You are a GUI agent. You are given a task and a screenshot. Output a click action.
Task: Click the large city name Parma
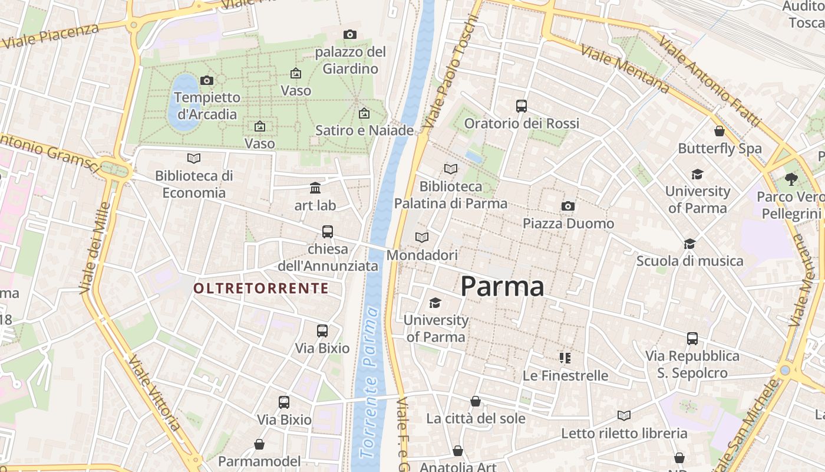(x=502, y=287)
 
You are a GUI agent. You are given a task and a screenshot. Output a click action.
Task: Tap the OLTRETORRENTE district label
(x=261, y=288)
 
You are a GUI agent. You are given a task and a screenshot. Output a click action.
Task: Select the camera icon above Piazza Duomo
(x=568, y=206)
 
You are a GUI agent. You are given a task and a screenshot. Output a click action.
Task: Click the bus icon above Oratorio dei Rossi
(x=522, y=106)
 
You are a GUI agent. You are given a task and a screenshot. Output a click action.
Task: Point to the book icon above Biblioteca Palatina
(x=451, y=169)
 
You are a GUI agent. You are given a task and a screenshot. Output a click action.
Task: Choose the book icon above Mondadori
(x=422, y=237)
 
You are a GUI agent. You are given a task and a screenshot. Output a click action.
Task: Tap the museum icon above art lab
(x=315, y=188)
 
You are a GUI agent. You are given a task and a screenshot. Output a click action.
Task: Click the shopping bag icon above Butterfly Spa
(x=720, y=131)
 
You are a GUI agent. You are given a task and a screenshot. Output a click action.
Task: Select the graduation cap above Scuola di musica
(x=689, y=244)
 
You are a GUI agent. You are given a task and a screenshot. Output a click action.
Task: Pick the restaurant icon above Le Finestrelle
(x=565, y=358)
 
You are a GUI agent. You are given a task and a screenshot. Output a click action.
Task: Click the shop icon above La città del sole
(x=476, y=401)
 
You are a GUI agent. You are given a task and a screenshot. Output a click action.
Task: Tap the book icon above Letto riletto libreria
(x=624, y=415)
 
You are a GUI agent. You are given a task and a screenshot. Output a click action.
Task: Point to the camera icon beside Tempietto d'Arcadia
(x=207, y=80)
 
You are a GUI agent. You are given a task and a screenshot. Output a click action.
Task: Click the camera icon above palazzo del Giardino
(x=350, y=34)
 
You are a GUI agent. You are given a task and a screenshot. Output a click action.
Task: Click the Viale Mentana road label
(x=625, y=68)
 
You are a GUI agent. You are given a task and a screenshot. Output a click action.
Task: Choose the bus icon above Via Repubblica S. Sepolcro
(x=692, y=339)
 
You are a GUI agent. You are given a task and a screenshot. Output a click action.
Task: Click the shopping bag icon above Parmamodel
(x=259, y=444)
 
